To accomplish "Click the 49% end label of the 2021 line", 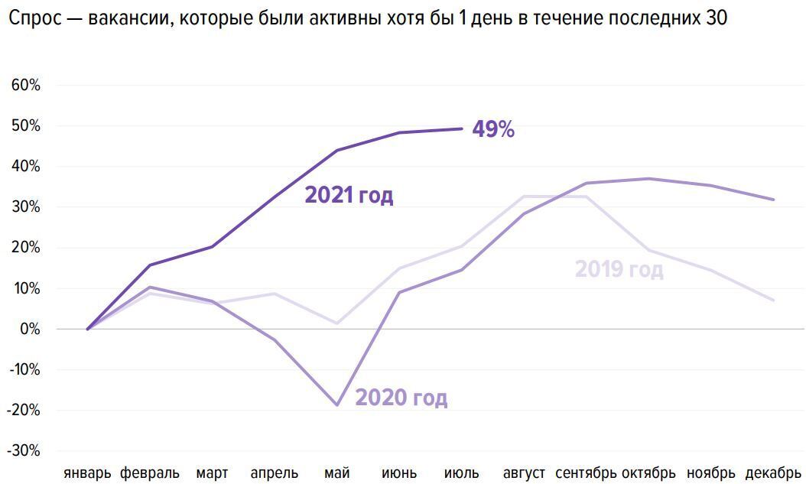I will [493, 129].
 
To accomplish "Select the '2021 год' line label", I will [349, 195].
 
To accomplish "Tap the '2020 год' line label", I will [401, 398].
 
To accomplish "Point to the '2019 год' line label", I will [619, 269].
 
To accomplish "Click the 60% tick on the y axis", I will [25, 85].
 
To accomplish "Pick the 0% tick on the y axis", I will [29, 329].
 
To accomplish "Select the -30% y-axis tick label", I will [23, 450].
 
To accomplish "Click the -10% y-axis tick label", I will [23, 369].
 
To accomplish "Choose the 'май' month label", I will [336, 473].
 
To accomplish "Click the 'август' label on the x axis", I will [524, 473].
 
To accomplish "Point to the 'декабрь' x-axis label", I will [773, 473].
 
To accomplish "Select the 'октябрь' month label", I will [648, 473].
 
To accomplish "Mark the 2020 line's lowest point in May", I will [336, 404].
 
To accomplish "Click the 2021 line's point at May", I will [336, 151].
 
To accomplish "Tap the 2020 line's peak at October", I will [648, 179].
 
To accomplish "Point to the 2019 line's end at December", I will [773, 300].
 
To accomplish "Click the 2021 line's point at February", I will [149, 265].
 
